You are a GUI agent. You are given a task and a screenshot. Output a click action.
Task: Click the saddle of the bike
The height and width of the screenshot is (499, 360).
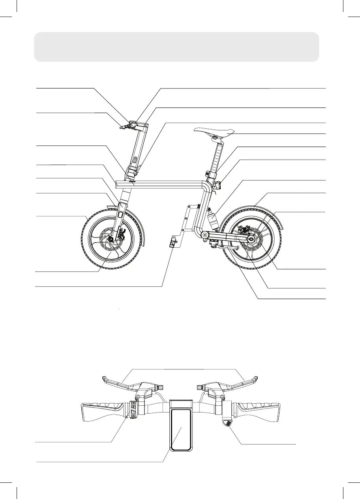pyautogui.click(x=214, y=131)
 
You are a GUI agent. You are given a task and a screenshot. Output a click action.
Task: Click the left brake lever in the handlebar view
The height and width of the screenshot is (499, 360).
pyautogui.click(x=118, y=382)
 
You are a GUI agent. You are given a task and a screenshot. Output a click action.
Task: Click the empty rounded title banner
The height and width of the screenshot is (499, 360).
pyautogui.click(x=176, y=47)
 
